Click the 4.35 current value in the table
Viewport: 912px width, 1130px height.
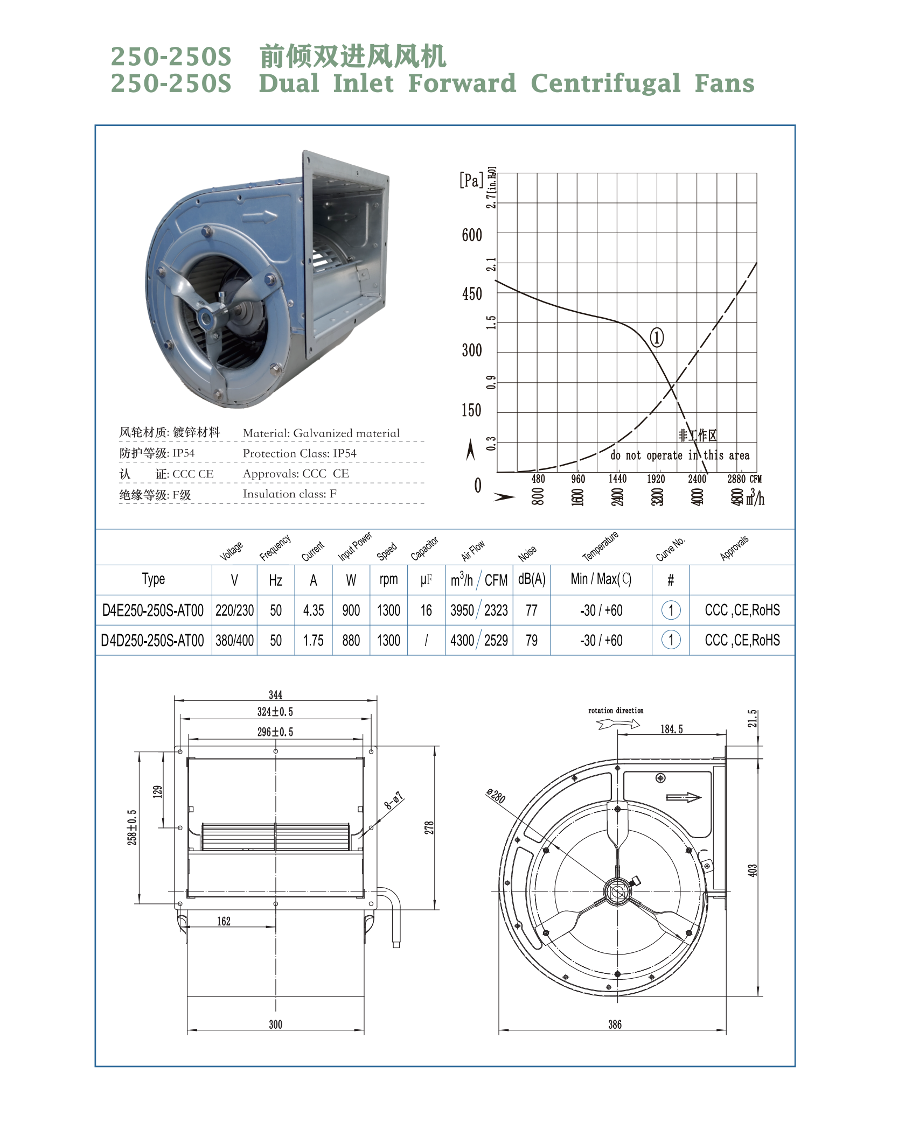click(314, 610)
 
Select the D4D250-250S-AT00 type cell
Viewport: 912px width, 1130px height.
click(152, 641)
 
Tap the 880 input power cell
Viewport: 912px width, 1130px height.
click(351, 641)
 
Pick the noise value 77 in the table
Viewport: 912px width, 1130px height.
click(532, 610)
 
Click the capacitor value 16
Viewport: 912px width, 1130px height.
click(426, 610)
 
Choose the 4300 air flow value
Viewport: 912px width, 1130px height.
click(462, 641)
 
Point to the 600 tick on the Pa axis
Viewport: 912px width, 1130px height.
click(472, 235)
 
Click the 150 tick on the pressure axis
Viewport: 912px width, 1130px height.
click(471, 411)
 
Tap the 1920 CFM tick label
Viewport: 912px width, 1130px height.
click(656, 479)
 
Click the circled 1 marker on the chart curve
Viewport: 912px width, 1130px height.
click(657, 338)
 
